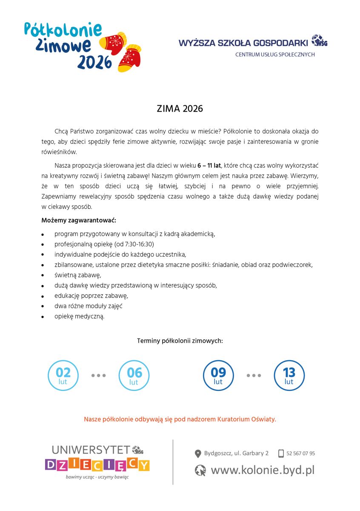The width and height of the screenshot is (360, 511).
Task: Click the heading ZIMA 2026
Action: (180, 109)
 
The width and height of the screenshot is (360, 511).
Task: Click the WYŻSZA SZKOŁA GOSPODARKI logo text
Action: (244, 43)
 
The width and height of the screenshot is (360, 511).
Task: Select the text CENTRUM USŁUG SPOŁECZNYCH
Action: (275, 55)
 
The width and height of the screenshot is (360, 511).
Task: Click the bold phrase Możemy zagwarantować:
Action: (78, 220)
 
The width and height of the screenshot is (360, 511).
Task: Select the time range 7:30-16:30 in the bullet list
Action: (138, 244)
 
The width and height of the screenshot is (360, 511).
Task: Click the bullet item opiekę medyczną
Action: (79, 316)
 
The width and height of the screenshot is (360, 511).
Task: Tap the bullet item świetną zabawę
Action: (77, 275)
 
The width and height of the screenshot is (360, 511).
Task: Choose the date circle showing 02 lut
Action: (63, 375)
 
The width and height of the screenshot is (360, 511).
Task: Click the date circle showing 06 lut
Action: (134, 375)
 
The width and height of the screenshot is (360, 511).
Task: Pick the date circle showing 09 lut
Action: (218, 375)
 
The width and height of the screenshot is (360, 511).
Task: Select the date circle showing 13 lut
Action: (289, 375)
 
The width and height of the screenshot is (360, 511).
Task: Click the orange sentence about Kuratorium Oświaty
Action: (180, 419)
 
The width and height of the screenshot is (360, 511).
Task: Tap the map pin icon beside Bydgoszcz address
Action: (198, 454)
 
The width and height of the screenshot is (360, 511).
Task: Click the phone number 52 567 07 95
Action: (301, 454)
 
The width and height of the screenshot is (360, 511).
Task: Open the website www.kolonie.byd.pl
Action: (263, 470)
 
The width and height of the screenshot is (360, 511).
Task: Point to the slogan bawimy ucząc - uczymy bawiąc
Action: (97, 477)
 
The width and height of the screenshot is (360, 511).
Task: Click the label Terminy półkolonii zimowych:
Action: (180, 341)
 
